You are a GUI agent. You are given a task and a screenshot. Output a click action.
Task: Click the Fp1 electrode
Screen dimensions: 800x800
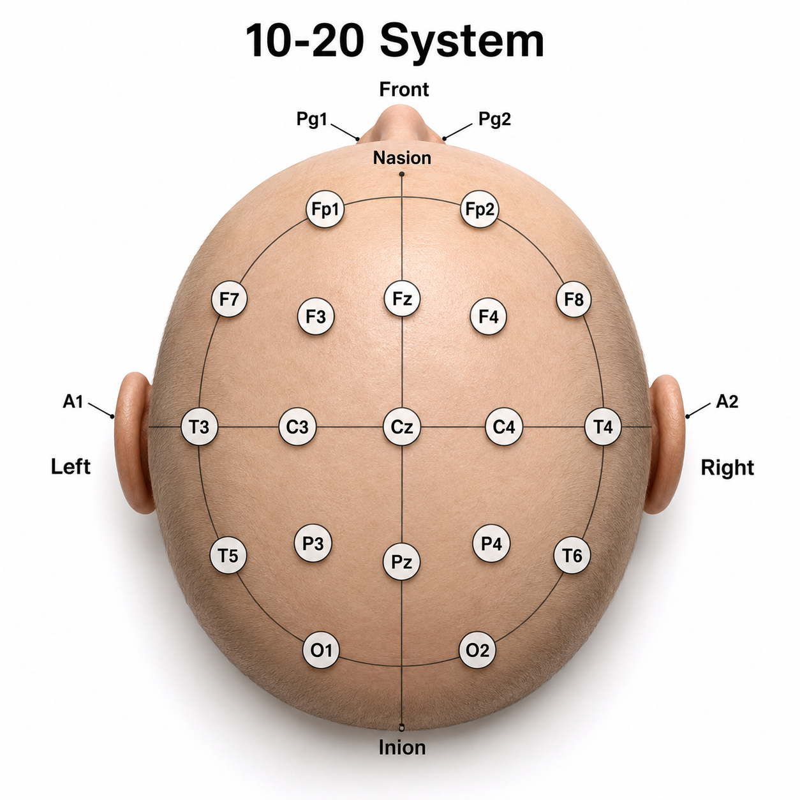pos(325,209)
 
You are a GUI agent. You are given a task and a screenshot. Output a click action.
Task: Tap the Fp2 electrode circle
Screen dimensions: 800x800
pos(480,209)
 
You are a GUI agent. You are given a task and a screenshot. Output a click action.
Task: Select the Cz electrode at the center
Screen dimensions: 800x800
pos(401,427)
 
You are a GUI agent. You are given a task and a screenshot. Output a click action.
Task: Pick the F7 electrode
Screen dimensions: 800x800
pos(229,299)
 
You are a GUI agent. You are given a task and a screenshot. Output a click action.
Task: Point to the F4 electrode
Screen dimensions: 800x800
pos(489,316)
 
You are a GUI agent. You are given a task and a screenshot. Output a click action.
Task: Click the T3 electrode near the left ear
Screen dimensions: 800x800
pos(200,426)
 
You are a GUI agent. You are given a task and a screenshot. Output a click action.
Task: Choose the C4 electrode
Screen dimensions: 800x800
pos(504,426)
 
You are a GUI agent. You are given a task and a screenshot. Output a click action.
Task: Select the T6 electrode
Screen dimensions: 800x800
pos(572,554)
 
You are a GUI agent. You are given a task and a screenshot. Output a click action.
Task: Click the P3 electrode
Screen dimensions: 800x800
pos(313,543)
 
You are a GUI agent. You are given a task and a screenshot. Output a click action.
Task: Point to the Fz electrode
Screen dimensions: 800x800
pos(402,298)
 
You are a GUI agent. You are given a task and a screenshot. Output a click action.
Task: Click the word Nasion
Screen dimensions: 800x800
pos(402,158)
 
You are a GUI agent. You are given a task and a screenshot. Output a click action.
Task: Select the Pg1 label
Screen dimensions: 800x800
pos(312,119)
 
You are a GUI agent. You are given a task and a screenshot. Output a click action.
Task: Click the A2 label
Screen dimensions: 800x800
pos(727,401)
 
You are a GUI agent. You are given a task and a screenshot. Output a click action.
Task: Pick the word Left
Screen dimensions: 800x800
pos(71,466)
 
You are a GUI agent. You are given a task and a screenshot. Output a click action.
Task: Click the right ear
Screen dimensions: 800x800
pos(664,444)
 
